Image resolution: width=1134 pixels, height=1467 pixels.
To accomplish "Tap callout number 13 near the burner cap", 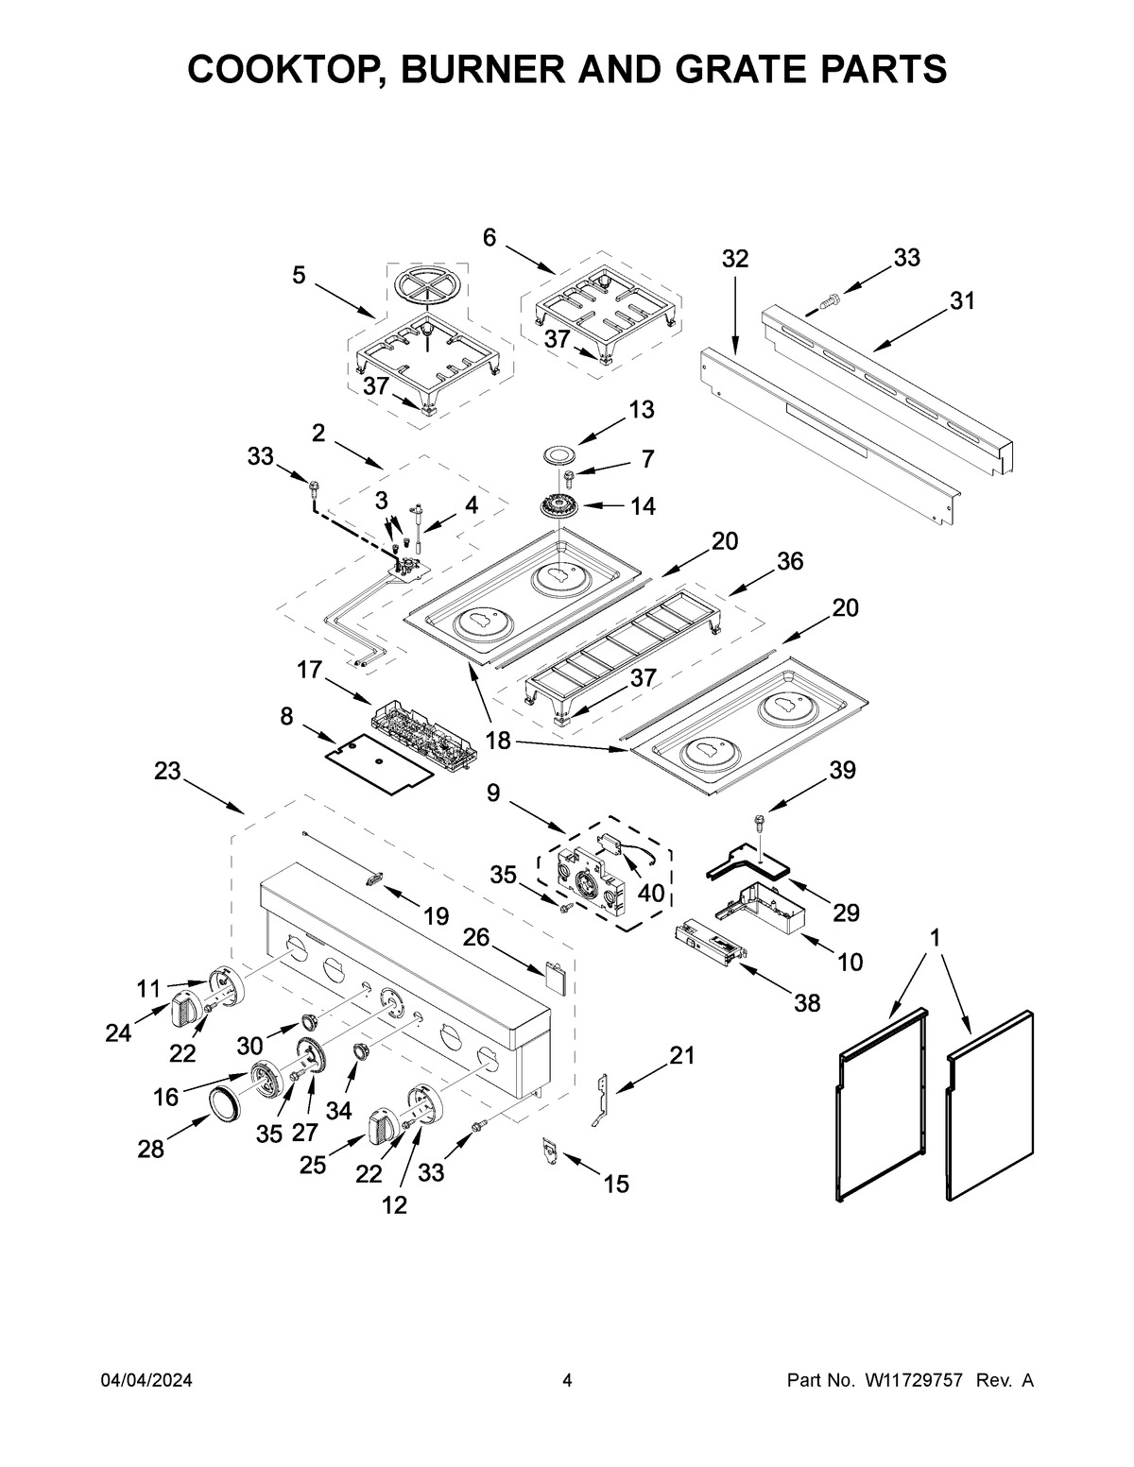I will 641,411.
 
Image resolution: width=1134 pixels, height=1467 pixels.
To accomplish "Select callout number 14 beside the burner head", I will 643,506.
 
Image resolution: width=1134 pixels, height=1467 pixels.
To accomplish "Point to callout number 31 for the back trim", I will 962,301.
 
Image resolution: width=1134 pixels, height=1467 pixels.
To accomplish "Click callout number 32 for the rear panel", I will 735,259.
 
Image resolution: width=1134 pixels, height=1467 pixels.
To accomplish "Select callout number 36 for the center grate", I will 789,561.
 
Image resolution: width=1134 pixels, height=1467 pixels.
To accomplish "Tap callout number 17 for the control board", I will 309,670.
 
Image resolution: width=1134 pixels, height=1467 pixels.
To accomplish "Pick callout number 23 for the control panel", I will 167,771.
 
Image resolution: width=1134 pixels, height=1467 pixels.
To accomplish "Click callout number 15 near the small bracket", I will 616,1184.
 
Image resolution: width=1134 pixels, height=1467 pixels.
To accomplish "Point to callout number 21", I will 681,1055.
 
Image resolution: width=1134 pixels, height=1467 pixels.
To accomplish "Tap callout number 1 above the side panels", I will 935,938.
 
